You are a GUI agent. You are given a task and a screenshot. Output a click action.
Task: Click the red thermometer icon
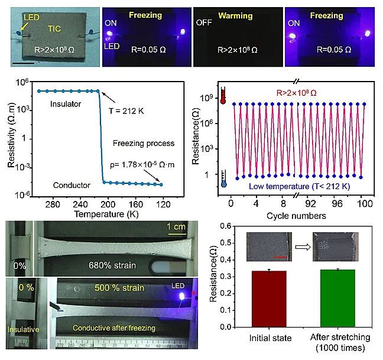pyautogui.click(x=223, y=96)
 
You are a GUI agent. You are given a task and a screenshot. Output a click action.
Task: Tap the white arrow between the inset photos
pyautogui.click(x=300, y=244)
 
